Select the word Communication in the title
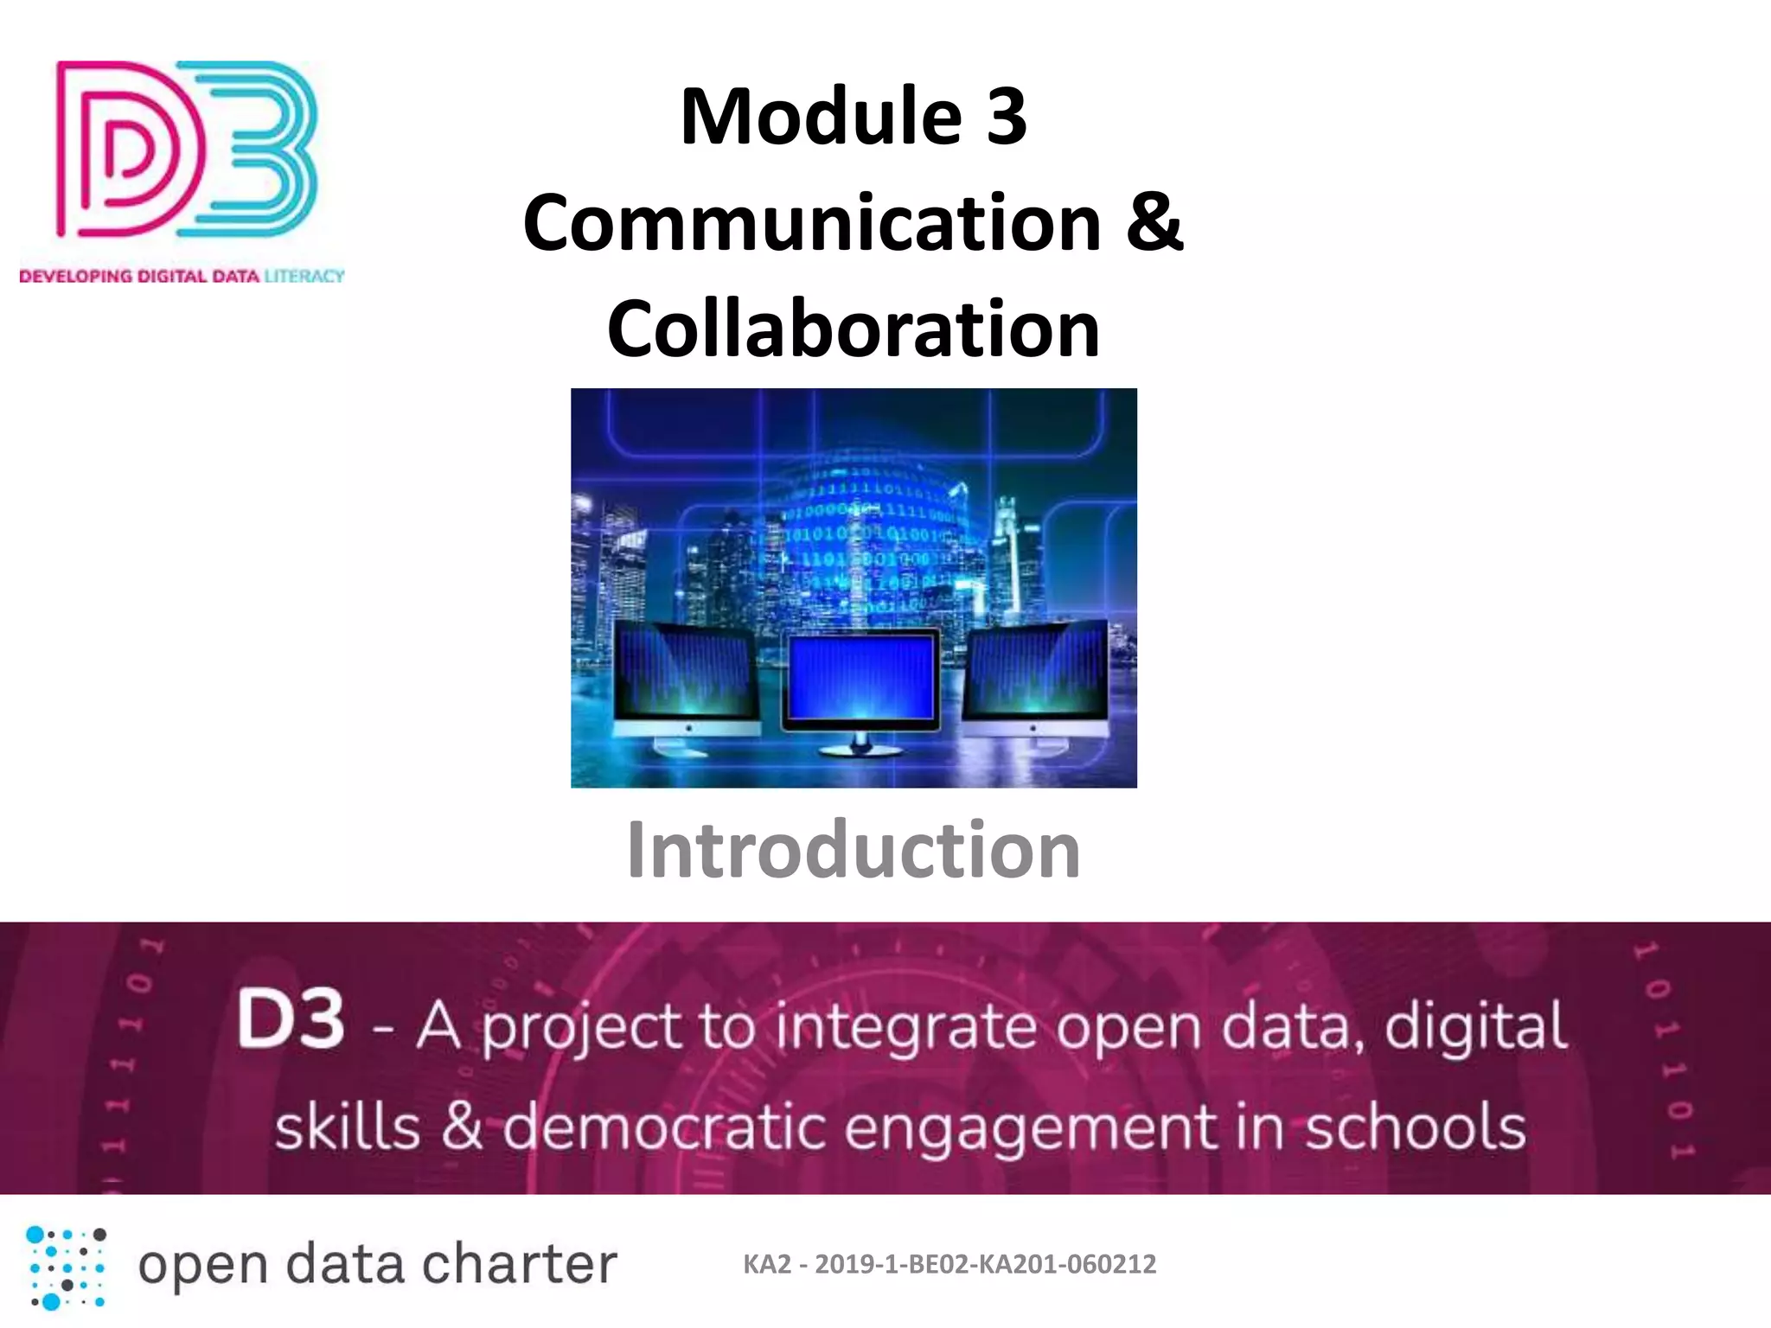[811, 223]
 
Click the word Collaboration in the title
[853, 329]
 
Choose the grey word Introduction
[853, 851]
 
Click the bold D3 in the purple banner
[291, 1020]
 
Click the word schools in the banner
[1415, 1127]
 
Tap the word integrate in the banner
[905, 1027]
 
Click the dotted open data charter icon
[67, 1267]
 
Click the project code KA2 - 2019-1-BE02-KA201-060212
[949, 1265]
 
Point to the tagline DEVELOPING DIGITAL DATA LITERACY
[182, 277]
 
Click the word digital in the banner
[1475, 1025]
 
